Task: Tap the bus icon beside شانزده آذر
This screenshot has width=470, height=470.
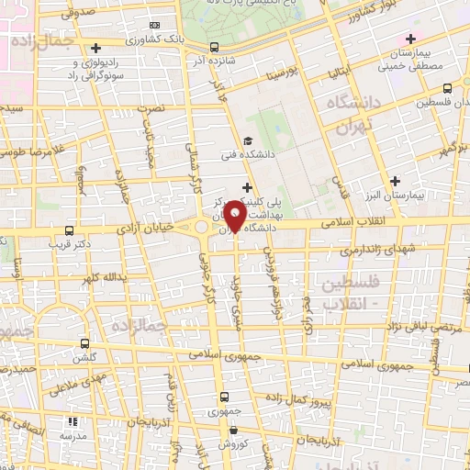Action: [214, 48]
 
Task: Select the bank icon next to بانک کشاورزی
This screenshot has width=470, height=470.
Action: [154, 25]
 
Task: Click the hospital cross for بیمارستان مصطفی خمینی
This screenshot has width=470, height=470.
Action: [410, 39]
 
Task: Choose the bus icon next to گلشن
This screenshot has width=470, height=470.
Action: [85, 344]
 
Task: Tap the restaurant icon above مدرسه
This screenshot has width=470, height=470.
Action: [72, 421]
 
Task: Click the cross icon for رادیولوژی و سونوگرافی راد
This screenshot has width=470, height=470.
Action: [96, 47]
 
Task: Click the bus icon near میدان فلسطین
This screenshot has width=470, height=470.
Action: [447, 89]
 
